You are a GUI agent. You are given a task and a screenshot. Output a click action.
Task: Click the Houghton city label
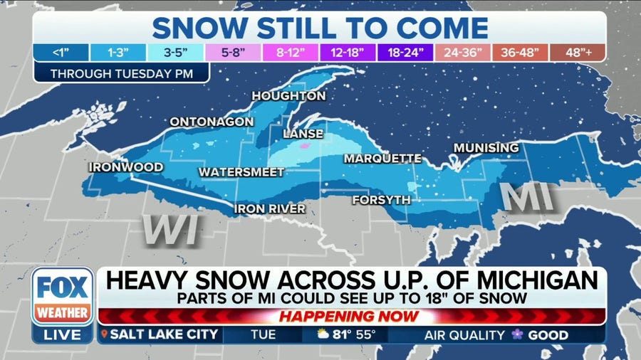point(288,96)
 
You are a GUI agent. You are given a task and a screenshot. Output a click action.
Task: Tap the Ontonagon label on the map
point(211,122)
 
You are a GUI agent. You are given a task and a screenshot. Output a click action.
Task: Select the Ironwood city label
point(125,167)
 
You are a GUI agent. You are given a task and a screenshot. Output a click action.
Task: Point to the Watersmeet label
point(241,172)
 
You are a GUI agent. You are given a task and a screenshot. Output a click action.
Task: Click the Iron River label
point(271,208)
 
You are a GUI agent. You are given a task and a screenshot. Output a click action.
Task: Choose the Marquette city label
point(383,158)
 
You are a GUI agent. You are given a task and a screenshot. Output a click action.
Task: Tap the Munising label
point(486,148)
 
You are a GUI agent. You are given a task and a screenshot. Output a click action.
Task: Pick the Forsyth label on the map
point(381,200)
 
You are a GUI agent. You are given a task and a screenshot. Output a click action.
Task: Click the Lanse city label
point(303,134)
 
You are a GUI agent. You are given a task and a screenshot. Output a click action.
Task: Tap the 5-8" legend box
point(234,53)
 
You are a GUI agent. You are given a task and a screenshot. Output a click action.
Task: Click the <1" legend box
point(61,53)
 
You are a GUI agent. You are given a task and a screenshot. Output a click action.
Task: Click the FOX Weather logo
point(62,296)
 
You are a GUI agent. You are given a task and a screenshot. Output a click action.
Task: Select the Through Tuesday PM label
point(120,73)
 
